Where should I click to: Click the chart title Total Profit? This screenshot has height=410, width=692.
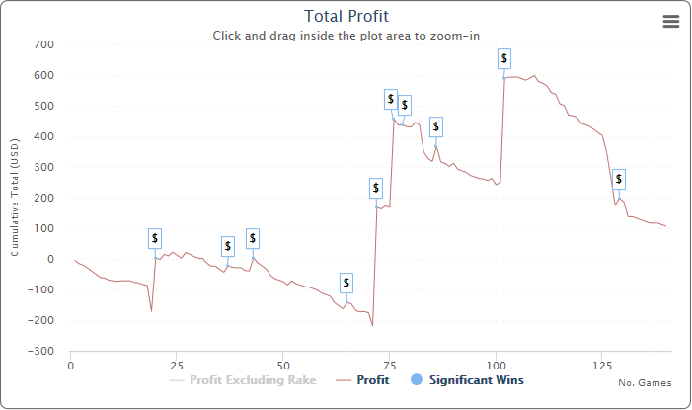click(346, 16)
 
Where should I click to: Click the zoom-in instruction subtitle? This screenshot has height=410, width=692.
click(346, 36)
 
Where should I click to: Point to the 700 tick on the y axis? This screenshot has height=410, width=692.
click(43, 44)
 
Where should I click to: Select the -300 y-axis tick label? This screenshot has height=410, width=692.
click(40, 351)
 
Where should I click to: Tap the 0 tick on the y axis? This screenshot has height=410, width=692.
click(49, 259)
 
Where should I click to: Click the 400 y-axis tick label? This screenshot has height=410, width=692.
click(43, 136)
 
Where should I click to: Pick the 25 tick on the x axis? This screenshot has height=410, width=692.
click(176, 365)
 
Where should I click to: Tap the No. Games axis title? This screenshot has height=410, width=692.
click(645, 383)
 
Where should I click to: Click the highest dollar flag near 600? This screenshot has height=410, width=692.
click(504, 59)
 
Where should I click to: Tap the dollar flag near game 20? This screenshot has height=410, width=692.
click(155, 238)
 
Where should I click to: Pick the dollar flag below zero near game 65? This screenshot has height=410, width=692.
click(346, 283)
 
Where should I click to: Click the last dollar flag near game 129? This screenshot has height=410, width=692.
click(619, 179)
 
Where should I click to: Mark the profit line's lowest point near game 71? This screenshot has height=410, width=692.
click(372, 325)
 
